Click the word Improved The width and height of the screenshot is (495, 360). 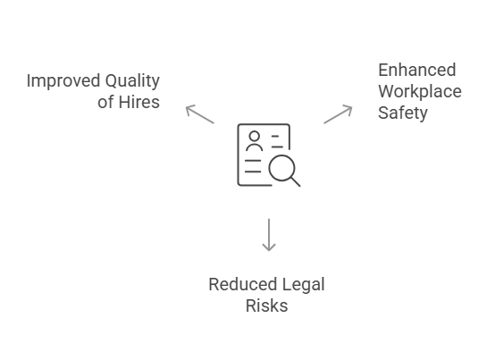61,81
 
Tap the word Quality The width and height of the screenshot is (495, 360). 130,81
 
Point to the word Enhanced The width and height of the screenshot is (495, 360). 416,70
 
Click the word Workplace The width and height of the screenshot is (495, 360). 418,91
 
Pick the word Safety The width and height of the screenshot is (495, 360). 402,113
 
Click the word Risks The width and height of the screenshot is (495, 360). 266,306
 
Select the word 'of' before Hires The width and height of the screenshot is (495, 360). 106,102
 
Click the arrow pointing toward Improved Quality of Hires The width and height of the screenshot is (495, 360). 199,113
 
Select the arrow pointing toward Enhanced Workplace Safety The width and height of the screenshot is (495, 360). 338,113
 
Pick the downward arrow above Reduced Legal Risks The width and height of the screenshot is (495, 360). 268,233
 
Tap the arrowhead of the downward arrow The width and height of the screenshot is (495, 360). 268,247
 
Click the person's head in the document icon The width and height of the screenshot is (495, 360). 255,137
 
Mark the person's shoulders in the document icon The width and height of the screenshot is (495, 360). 255,147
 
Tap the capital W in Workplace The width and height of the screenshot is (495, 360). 387,91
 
